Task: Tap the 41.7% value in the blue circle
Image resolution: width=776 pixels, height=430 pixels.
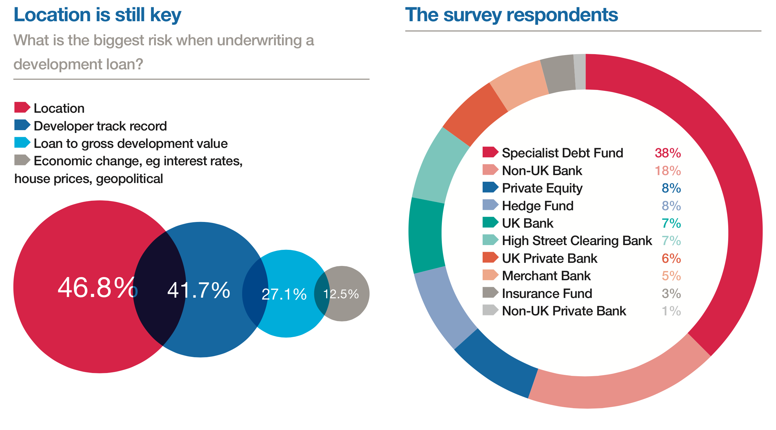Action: [x=198, y=290]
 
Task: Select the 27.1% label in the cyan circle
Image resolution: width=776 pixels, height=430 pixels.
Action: [x=284, y=294]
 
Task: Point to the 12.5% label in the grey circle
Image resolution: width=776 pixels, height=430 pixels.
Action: [x=341, y=294]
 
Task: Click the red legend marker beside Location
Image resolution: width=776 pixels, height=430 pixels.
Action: [x=22, y=108]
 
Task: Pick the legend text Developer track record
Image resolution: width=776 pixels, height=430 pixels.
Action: [x=100, y=126]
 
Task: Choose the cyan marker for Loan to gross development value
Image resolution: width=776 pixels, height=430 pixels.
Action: [x=22, y=143]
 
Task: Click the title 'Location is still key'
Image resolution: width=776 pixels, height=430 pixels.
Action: [x=97, y=15]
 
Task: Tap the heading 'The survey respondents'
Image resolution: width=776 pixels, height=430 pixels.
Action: [x=511, y=15]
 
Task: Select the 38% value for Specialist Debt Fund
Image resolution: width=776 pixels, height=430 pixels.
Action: [x=667, y=153]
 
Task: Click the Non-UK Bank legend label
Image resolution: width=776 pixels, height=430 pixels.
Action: [x=542, y=171]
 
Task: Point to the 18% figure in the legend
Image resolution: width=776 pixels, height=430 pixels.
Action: [x=667, y=171]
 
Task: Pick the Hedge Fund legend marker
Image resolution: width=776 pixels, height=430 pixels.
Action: [x=490, y=205]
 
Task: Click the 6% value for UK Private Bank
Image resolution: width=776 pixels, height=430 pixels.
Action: [x=671, y=258]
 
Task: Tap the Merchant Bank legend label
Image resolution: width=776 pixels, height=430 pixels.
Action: [x=546, y=276]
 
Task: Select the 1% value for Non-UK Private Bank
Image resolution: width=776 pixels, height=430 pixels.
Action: [x=671, y=311]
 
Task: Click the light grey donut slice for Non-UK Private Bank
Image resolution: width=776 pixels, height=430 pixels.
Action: [x=580, y=72]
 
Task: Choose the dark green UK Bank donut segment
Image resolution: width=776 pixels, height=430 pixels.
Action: [x=426, y=236]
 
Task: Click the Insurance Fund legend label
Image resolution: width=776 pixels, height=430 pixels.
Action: [x=547, y=294]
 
